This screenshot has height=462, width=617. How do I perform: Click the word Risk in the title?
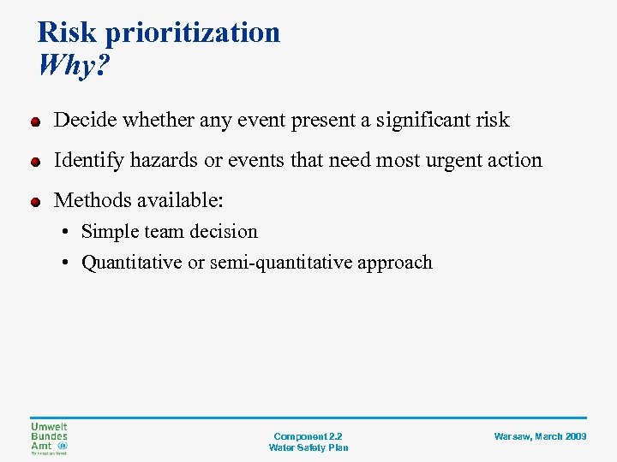69,33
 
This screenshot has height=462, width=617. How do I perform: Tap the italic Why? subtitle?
74,65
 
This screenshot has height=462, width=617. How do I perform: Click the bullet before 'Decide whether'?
35,121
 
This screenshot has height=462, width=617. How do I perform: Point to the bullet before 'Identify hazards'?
35,162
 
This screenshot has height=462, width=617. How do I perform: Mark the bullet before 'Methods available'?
35,202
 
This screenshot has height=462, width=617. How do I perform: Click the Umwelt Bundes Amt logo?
49,439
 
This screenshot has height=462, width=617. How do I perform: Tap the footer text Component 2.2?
308,436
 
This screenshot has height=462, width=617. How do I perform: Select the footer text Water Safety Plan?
308,447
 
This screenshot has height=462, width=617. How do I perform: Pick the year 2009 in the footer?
575,436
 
